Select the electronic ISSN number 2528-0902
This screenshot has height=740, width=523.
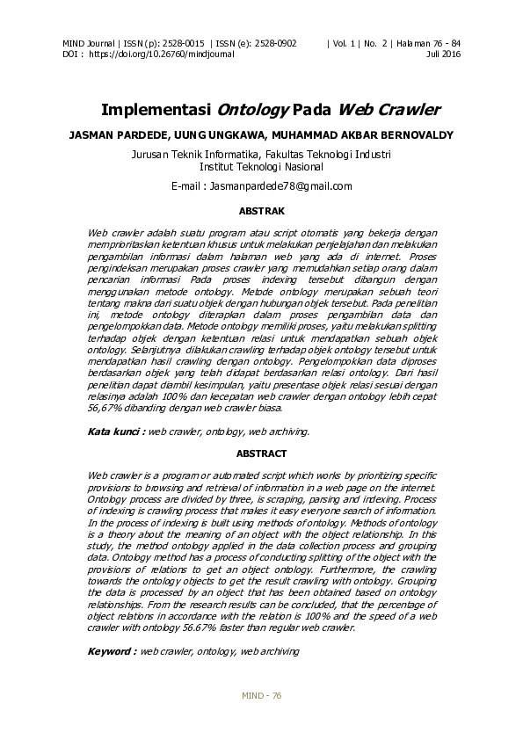273,43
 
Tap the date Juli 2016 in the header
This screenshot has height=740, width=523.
443,54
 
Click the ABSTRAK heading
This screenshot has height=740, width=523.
262,211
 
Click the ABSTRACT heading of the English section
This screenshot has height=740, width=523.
262,453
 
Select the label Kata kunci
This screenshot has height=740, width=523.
115,432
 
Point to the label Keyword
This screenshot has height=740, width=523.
112,651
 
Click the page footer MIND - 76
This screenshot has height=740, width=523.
261,696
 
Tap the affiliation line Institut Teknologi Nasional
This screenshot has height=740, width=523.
262,165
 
